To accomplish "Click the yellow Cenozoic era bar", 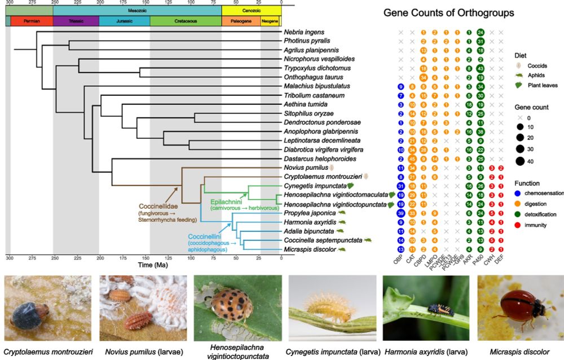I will point(251,10).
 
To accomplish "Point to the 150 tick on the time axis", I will point(146,257).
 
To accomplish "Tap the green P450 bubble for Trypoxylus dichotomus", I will point(481,68).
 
